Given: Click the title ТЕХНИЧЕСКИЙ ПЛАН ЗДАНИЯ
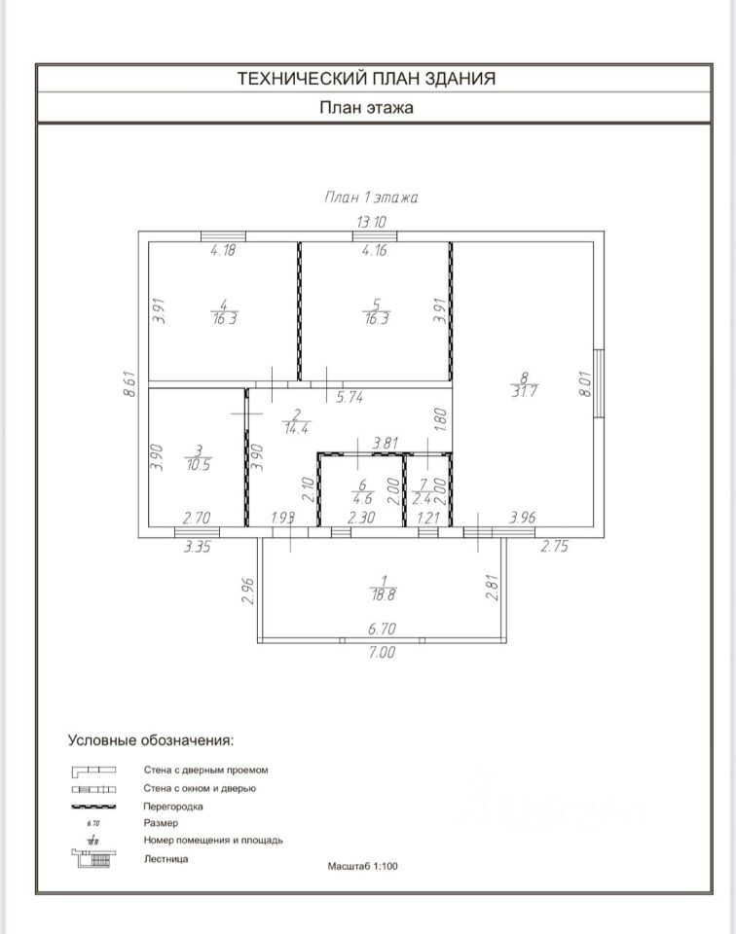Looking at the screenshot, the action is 366,78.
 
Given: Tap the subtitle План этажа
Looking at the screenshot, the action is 366,108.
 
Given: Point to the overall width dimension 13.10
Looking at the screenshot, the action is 371,222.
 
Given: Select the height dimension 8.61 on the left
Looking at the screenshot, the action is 129,384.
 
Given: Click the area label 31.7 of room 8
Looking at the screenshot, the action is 524,392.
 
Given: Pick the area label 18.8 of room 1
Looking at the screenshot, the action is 384,594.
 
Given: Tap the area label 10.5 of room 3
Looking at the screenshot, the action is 199,465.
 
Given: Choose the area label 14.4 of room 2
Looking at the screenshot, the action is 296,428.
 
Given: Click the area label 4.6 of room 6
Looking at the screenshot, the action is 362,499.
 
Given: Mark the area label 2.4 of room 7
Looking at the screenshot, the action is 423,499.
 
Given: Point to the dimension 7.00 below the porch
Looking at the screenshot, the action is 382,652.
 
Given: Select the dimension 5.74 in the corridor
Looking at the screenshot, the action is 350,397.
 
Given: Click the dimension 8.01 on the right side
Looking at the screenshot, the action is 585,384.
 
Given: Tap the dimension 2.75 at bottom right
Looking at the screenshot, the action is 554,546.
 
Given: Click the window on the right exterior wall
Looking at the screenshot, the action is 599,383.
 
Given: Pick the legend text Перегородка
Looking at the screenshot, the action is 173,807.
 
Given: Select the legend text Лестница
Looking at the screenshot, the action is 166,859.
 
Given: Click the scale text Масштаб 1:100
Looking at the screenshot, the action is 362,866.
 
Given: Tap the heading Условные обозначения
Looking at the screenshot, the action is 151,740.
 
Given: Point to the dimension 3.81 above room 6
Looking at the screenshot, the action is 385,444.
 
